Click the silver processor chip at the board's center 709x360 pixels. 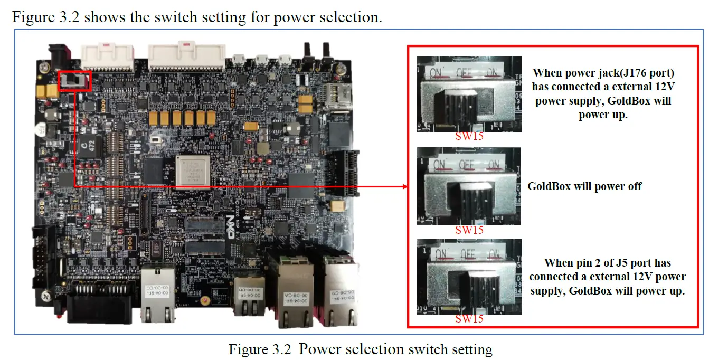pos(193,170)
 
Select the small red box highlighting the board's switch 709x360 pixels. pos(75,80)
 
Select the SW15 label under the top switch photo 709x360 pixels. pos(469,137)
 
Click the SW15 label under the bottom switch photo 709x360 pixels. pos(469,319)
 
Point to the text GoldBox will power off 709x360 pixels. pos(584,186)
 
